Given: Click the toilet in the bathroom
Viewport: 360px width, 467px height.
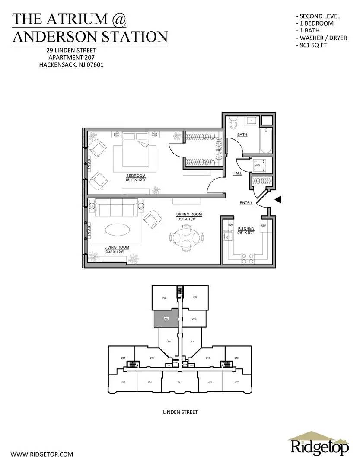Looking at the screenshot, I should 233,123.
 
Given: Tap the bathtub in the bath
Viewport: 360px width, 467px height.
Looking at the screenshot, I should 265,140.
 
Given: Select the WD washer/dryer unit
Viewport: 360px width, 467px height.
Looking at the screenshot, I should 258,165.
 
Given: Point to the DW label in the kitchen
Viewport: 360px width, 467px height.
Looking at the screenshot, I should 230,226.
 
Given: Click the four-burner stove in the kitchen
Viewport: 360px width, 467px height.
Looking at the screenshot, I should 248,258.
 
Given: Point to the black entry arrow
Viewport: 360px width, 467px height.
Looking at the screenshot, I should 279,199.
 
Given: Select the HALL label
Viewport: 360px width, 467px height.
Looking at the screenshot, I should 238,173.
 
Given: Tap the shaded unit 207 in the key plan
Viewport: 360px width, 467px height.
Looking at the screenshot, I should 166,319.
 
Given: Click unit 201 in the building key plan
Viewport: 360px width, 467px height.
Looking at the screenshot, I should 179,381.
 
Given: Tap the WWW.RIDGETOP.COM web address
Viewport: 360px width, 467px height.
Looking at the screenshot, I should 41,454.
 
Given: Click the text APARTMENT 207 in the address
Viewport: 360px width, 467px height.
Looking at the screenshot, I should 71,57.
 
